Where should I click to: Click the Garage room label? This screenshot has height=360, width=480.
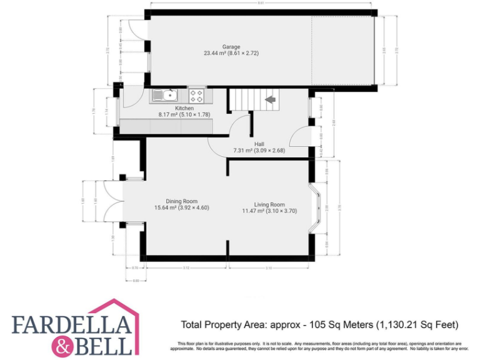tap(231, 47)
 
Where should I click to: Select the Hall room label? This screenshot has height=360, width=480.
tap(259, 143)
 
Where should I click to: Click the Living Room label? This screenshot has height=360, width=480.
tap(269, 204)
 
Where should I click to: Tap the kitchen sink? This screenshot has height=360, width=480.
tap(164, 96)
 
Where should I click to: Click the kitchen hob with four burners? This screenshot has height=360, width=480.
tap(197, 96)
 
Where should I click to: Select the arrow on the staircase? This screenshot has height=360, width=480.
tap(271, 99)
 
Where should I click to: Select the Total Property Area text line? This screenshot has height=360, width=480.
tap(319, 324)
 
